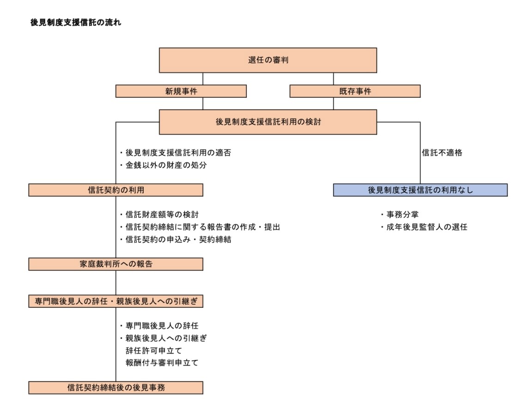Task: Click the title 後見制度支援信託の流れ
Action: (76, 23)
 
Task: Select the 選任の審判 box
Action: (268, 60)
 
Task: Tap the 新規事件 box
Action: (181, 91)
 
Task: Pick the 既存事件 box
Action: (355, 91)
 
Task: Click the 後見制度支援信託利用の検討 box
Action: (268, 122)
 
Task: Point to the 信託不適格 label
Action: (442, 153)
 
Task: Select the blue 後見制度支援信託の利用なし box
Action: (420, 190)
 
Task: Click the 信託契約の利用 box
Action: (116, 190)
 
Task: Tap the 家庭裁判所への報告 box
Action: (116, 264)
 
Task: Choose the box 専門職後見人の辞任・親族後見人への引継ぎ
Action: (116, 301)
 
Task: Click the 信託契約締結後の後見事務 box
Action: (116, 388)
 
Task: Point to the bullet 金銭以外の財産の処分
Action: (163, 165)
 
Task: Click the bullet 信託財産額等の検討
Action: (159, 215)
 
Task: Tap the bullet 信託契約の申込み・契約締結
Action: (176, 240)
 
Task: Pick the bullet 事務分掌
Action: (400, 215)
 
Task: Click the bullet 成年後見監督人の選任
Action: (424, 227)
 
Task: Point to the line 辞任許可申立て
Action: (154, 351)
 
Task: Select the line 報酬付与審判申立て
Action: (162, 363)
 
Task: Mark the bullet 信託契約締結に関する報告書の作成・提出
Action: (200, 227)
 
